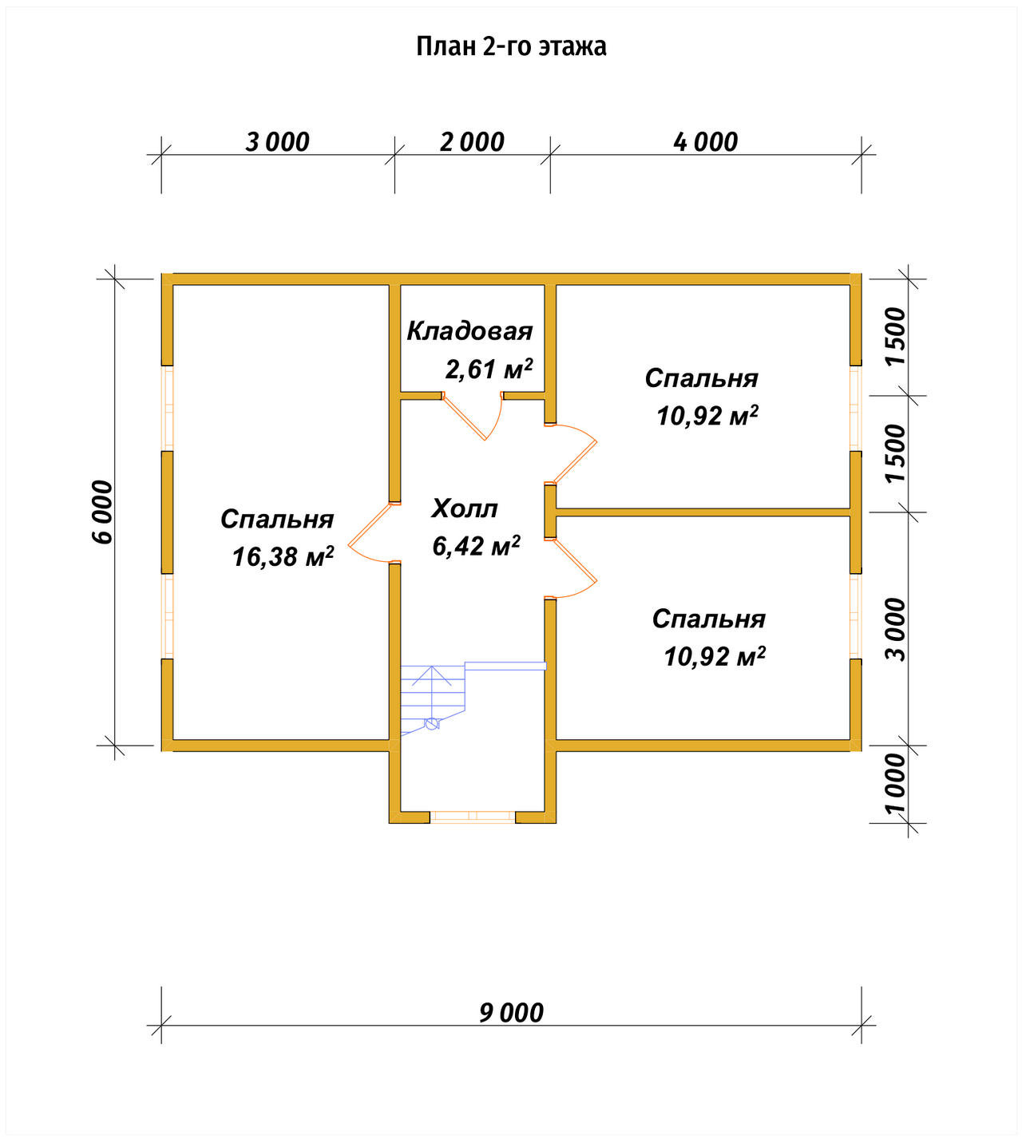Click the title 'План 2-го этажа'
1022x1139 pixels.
[511, 46]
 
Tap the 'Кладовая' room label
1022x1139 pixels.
[469, 331]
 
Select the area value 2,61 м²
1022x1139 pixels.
[489, 369]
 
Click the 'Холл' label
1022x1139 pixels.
[465, 508]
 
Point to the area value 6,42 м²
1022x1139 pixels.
[476, 545]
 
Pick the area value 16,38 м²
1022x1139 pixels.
[283, 556]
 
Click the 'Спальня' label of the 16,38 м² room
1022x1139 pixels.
[277, 519]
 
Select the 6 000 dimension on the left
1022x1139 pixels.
[102, 512]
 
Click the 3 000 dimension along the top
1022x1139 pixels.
[277, 141]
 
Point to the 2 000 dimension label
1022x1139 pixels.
[472, 141]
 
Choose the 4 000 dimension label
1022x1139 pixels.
[705, 141]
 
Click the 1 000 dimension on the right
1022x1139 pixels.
[895, 785]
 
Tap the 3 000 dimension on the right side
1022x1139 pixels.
[895, 629]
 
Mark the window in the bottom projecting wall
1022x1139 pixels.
[473, 817]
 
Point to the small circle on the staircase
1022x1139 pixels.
[431, 723]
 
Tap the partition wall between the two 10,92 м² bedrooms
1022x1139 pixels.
[703, 512]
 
